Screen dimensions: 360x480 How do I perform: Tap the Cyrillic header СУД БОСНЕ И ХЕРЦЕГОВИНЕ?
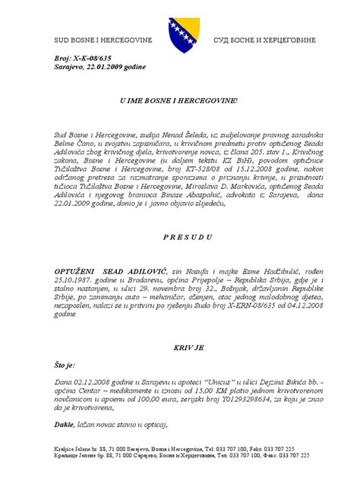tap(263, 38)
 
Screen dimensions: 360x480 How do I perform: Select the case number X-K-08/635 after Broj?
tap(88, 58)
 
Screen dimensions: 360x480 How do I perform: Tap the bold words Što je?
tap(64, 365)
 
